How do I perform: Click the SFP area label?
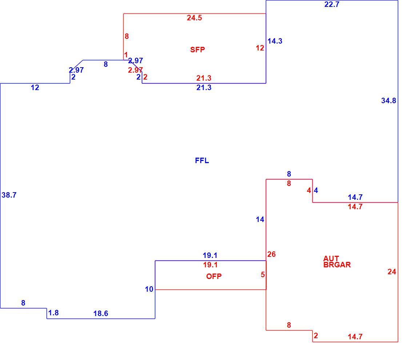[x=197, y=49]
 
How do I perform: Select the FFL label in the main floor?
[x=202, y=160]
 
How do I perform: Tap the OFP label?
[x=214, y=276]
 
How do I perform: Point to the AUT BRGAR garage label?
[x=337, y=262]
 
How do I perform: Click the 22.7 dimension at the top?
[x=332, y=4]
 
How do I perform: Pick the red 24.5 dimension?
[x=194, y=18]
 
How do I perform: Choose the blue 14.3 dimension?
[x=275, y=41]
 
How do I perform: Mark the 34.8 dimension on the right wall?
[x=388, y=101]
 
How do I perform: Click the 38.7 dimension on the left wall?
[x=9, y=195]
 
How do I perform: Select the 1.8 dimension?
[x=53, y=313]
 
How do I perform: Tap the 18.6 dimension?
[x=101, y=314]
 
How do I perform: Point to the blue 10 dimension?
[x=149, y=289]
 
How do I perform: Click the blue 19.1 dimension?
[x=210, y=255]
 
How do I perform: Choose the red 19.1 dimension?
[x=210, y=264]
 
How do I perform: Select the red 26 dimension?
[x=271, y=254]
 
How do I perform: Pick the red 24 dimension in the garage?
[x=392, y=272]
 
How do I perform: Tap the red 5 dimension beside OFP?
[x=263, y=275]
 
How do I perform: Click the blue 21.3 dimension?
[x=204, y=88]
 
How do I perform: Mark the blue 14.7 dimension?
[x=355, y=197]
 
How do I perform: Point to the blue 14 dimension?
[x=260, y=219]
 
